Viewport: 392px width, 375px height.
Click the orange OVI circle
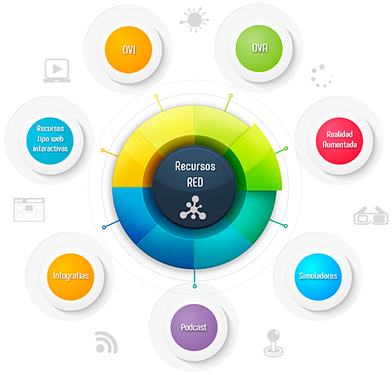[128, 49]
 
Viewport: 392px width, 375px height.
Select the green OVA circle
[259, 48]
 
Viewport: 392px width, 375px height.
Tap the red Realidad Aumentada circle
[340, 141]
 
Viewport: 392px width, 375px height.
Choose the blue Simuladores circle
[318, 277]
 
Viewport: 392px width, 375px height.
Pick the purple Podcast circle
[194, 327]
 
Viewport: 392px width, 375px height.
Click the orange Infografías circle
[70, 277]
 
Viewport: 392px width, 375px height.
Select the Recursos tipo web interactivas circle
[50, 141]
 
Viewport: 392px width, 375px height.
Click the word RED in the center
[195, 182]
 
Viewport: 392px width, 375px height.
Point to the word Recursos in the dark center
[195, 166]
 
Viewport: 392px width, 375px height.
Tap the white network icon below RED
[193, 208]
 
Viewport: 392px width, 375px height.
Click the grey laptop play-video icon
[57, 70]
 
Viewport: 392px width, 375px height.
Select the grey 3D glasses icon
[371, 216]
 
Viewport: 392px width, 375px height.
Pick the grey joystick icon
[273, 343]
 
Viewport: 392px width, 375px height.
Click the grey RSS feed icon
[106, 342]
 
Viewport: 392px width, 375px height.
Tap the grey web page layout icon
[29, 209]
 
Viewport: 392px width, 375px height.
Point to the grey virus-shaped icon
[194, 20]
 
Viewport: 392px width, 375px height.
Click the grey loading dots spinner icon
[322, 76]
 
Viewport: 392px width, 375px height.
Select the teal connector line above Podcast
[194, 277]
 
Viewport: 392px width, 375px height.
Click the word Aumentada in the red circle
[340, 145]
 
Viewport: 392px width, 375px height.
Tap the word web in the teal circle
[58, 138]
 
